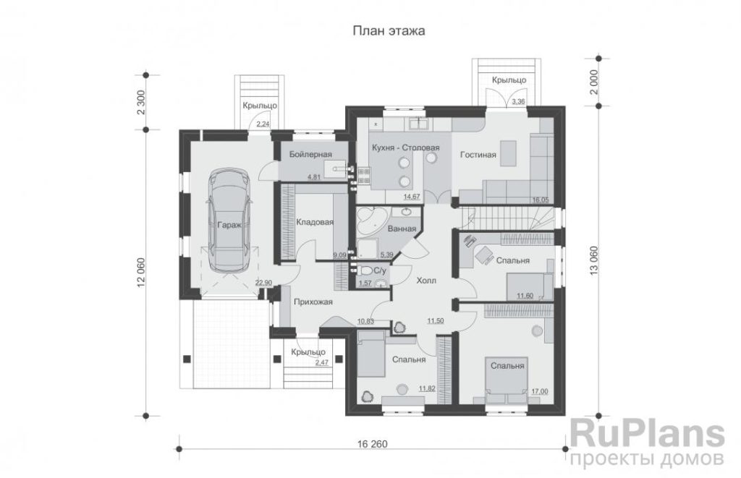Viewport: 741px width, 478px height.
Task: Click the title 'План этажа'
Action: point(389,31)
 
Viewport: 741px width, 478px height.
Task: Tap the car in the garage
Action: point(229,220)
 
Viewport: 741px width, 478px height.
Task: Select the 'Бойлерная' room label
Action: point(310,155)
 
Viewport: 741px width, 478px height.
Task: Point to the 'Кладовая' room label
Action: point(315,222)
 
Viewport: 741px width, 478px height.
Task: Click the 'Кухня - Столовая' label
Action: point(405,148)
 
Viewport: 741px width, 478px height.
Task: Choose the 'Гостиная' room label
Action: point(478,155)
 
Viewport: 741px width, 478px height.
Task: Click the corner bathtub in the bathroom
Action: point(371,221)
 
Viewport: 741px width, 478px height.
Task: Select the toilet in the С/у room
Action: point(365,271)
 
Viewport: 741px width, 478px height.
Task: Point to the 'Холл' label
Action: point(426,281)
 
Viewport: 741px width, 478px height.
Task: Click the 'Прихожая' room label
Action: point(313,302)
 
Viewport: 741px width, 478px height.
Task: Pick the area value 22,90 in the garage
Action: point(263,283)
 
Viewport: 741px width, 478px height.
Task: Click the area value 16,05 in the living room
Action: point(541,200)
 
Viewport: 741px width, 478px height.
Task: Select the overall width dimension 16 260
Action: point(373,444)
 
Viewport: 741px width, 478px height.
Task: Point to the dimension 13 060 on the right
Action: point(594,260)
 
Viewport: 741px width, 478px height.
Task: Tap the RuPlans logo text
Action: point(648,434)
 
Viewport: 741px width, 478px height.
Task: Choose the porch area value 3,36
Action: point(518,101)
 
